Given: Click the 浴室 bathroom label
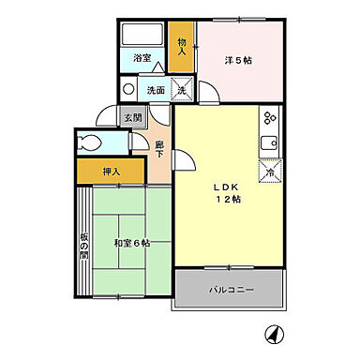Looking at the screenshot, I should pos(142,58).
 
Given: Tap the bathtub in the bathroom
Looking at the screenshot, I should pos(143,36).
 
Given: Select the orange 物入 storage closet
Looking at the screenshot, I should pos(183,46).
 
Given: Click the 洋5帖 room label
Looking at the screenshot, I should pos(237,61).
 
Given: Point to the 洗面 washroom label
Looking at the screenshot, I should pos(155,91).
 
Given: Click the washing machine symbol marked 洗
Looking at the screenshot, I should pos(183,90).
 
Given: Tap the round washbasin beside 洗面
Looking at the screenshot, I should pos(129,91).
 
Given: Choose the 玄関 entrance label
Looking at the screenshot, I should pos(133,118).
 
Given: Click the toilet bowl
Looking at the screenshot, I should pos(91,143).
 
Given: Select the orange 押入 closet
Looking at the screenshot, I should pos(111,172).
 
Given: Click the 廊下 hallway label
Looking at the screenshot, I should pos(160,150).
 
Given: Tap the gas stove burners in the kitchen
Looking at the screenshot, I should pos(268,119).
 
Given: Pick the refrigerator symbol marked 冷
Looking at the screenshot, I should pos(269,172).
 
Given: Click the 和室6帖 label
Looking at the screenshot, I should pos(132,243).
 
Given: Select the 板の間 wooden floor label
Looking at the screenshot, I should pos(83,243).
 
